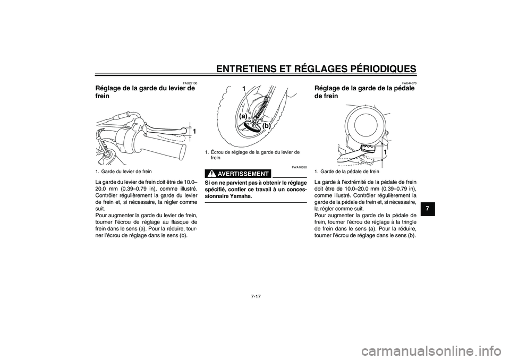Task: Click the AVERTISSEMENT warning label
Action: pyautogui.click(x=243, y=174)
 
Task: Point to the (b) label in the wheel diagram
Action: pyautogui.click(x=266, y=127)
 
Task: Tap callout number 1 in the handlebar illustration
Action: pyautogui.click(x=194, y=131)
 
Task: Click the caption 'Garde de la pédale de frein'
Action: pyautogui.click(x=350, y=172)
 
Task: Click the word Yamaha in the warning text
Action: pyautogui.click(x=237, y=196)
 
